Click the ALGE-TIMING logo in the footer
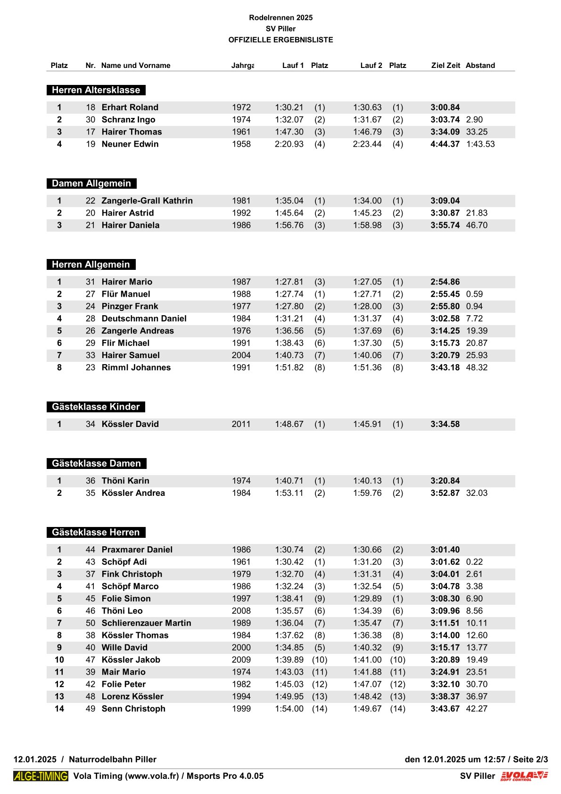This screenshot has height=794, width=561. [41, 776]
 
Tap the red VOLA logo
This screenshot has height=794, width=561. [524, 776]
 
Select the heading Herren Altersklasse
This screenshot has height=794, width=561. [96, 90]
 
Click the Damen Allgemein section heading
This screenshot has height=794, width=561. [91, 184]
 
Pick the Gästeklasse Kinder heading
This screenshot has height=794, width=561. [96, 407]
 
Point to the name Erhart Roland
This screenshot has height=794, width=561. [130, 108]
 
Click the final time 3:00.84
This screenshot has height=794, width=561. [445, 108]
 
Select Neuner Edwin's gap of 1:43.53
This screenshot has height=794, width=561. [480, 144]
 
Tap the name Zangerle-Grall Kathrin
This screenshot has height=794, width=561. [147, 201]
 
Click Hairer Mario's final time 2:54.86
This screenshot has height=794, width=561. [445, 282]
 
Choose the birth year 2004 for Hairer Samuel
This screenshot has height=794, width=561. [241, 356]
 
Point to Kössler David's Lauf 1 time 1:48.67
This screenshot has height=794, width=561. [289, 424]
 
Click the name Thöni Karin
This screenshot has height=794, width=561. [125, 481]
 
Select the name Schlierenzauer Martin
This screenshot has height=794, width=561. [147, 623]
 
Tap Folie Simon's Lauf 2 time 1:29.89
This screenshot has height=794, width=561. [367, 599]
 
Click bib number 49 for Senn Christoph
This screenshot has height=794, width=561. [91, 709]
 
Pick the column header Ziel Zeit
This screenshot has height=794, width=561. [445, 66]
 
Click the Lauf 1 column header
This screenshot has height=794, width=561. [293, 66]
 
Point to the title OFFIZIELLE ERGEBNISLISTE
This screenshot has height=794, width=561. [280, 40]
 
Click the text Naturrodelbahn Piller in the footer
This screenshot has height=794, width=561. [113, 760]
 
